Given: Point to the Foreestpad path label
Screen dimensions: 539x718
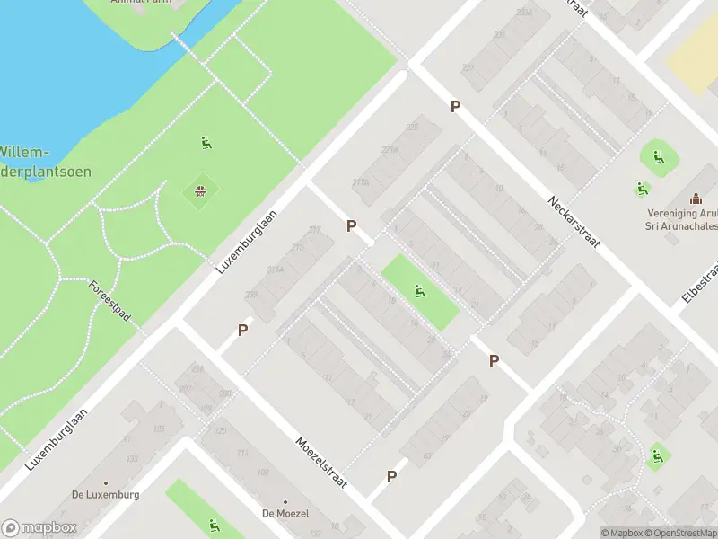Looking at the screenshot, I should click(109, 302).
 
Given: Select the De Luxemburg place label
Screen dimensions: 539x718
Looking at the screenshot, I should click(106, 495).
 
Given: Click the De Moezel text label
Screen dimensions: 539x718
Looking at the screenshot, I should click(285, 514).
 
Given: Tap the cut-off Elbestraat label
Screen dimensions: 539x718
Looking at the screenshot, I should click(704, 283).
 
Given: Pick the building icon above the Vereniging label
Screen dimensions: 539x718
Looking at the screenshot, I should click(695, 199).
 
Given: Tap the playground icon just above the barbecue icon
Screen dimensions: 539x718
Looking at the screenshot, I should click(206, 142).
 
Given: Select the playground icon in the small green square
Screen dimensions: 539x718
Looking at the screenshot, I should click(419, 290).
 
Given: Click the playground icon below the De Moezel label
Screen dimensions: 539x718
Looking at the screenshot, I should click(214, 526).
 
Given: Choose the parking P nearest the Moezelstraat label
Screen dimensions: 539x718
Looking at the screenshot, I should click(391, 477).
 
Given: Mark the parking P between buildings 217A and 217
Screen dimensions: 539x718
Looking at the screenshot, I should click(352, 226).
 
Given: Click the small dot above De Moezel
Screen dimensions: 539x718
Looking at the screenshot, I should click(285, 501).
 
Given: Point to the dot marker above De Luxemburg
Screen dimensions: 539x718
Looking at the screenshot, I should click(106, 482).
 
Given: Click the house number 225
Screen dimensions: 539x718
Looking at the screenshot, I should click(412, 128).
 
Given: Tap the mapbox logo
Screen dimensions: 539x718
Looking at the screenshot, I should click(39, 528).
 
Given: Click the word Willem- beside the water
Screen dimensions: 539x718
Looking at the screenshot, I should click(25, 152).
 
